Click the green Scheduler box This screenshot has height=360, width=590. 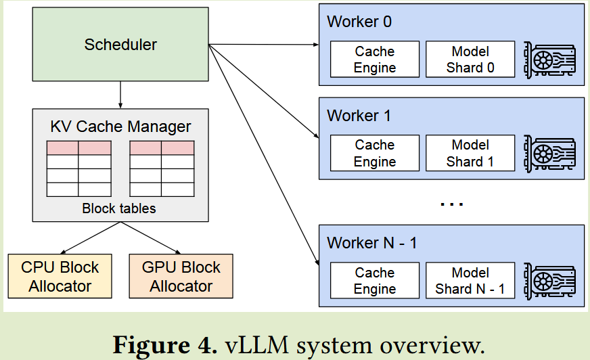click(120, 45)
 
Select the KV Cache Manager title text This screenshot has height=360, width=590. click(120, 127)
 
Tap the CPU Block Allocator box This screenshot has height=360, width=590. click(60, 276)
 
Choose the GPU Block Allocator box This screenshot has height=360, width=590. click(181, 276)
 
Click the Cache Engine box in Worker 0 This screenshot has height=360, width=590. click(375, 60)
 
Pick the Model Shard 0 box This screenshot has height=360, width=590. click(470, 60)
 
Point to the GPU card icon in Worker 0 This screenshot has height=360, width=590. click(550, 60)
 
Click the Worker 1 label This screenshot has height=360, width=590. click(359, 116)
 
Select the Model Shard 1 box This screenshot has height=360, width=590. click(470, 154)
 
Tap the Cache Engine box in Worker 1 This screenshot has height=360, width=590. click(375, 154)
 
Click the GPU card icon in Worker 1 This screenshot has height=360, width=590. click(550, 154)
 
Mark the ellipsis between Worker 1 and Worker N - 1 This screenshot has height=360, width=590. click(451, 202)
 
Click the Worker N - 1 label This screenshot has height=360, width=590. click(371, 243)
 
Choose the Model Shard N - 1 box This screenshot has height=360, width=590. click(470, 281)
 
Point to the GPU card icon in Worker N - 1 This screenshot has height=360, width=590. click(550, 281)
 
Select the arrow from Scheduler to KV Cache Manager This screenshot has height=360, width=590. click(120, 95)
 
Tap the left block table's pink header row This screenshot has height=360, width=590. click(78, 148)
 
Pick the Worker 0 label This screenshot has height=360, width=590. click(359, 22)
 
